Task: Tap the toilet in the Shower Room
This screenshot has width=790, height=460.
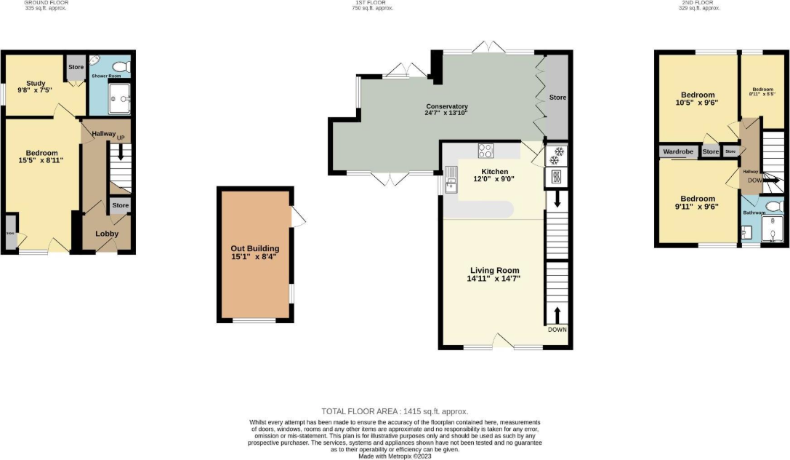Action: coord(120,66)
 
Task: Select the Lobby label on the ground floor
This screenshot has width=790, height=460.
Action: coord(107,234)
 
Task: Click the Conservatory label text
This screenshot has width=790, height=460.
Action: coord(446,106)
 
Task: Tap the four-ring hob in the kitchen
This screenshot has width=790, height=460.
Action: coord(485,151)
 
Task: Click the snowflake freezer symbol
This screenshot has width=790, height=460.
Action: coord(558,155)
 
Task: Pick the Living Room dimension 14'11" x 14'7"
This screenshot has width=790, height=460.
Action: coord(494,279)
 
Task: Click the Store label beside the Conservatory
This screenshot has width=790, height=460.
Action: coord(557,98)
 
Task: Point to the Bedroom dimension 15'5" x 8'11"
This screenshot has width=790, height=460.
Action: coord(42,160)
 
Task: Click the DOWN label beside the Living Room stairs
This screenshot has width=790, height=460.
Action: coord(557,330)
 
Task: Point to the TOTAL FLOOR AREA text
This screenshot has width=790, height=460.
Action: coord(395,411)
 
